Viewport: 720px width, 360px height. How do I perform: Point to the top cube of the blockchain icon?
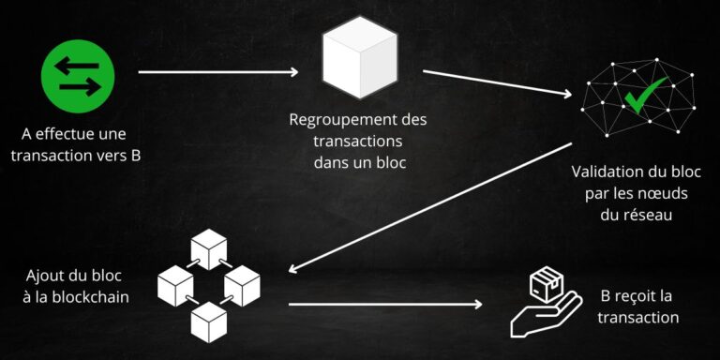(x=210, y=248)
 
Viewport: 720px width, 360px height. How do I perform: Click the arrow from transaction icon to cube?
(x=217, y=72)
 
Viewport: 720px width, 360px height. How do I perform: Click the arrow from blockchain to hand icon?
(x=384, y=304)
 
